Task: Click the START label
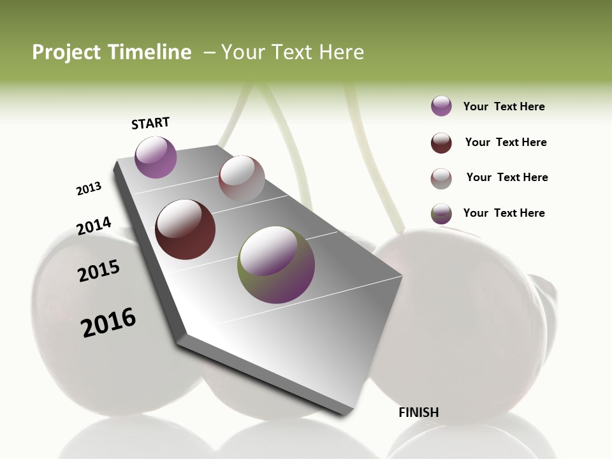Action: click(150, 123)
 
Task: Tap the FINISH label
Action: click(418, 412)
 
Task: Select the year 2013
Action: click(89, 189)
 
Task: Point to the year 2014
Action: click(94, 226)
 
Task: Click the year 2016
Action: click(108, 323)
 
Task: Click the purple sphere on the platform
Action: click(156, 157)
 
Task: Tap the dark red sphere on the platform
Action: click(185, 229)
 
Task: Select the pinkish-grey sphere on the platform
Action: click(242, 178)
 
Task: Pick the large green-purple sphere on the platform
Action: click(276, 265)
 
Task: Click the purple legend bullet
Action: click(441, 106)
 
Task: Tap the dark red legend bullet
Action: click(441, 143)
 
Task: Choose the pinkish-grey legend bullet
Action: click(441, 178)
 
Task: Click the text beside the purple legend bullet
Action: click(504, 107)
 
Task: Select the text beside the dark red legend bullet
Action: click(506, 142)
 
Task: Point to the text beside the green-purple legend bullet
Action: click(504, 213)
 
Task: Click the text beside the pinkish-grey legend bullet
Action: click(507, 177)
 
